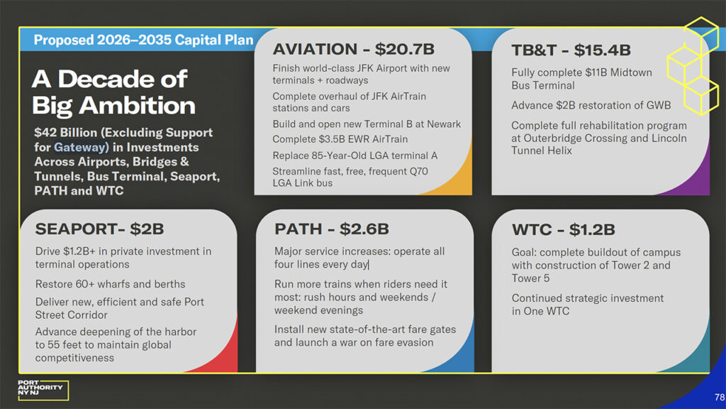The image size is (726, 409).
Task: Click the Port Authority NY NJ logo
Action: click(x=43, y=390)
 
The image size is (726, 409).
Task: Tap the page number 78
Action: click(x=720, y=397)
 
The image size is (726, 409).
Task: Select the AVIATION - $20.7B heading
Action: click(x=353, y=49)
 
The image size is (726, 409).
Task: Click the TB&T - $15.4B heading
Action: click(x=571, y=50)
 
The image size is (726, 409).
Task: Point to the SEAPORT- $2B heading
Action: click(x=99, y=229)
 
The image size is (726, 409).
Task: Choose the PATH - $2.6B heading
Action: click(x=332, y=229)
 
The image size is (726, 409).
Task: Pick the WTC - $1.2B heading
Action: click(x=563, y=229)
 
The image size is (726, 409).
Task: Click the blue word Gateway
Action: click(x=81, y=148)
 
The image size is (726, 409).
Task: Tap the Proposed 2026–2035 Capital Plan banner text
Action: click(x=143, y=40)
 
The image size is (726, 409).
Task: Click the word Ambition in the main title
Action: click(x=137, y=106)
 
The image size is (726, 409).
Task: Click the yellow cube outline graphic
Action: click(x=693, y=66)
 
